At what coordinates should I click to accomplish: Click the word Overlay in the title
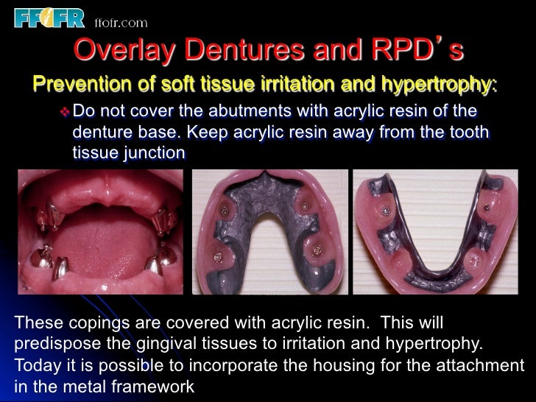pos(121,50)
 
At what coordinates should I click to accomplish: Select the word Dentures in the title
pos(239,50)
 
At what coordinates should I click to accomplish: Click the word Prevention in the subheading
pos(81,85)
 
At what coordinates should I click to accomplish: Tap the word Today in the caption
pos(37,365)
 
